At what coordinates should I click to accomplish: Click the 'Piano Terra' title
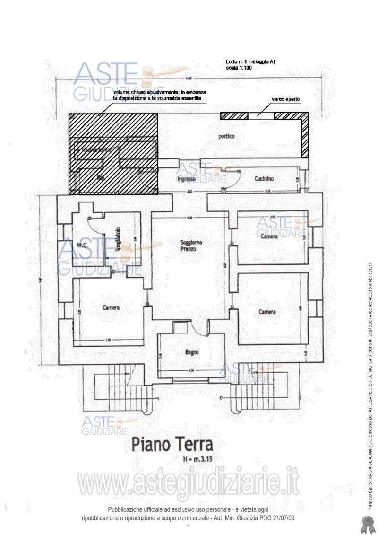(172, 444)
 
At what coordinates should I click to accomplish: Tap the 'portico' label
(226, 136)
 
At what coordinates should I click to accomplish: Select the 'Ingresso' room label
(186, 179)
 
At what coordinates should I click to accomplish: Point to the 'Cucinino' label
(264, 179)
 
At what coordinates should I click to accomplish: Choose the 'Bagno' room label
(192, 352)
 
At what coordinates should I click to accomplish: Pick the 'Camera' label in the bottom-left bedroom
(111, 307)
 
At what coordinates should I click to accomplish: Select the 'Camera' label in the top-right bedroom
(269, 236)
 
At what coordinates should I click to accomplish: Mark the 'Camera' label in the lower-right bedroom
(267, 312)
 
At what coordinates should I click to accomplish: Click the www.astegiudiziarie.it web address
(189, 483)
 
